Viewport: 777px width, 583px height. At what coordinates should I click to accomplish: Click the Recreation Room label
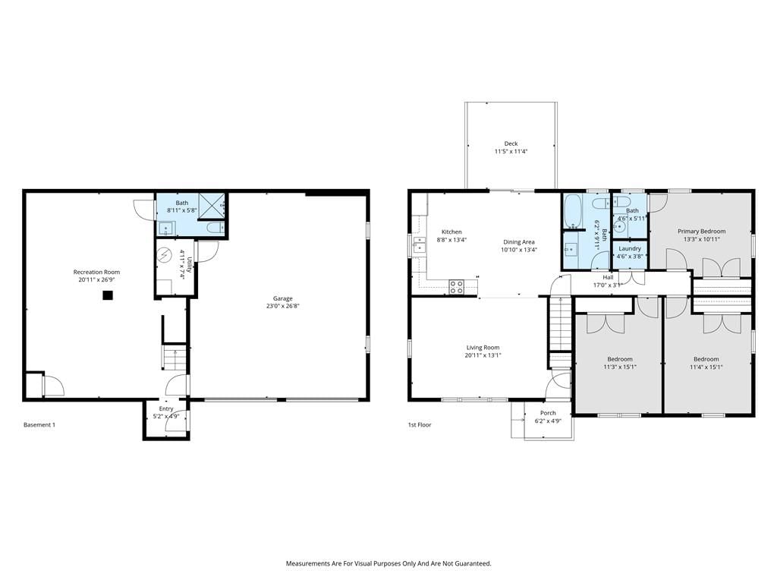point(96,272)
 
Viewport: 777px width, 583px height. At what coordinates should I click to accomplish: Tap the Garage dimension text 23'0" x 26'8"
point(283,306)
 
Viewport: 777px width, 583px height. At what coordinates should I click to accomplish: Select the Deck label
point(511,143)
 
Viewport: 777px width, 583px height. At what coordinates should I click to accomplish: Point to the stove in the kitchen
point(456,287)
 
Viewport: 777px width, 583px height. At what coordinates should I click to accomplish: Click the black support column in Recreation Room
point(108,295)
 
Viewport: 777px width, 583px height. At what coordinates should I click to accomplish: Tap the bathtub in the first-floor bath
point(572,212)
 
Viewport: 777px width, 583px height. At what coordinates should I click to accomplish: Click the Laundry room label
point(630,248)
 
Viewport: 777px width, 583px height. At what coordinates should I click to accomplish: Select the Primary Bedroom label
point(702,231)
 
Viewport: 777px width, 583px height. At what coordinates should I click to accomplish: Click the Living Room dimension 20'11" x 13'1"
point(483,355)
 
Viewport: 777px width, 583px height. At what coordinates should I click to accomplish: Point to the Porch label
point(548,413)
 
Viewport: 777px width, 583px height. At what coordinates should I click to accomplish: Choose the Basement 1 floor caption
point(39,425)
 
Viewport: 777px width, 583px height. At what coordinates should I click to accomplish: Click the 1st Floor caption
point(420,425)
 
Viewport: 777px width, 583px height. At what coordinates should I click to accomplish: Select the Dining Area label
point(519,242)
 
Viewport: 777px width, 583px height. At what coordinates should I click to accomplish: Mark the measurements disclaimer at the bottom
point(388,563)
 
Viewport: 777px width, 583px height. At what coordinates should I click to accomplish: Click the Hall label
point(608,277)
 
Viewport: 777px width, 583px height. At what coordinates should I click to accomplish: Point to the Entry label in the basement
point(166,409)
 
